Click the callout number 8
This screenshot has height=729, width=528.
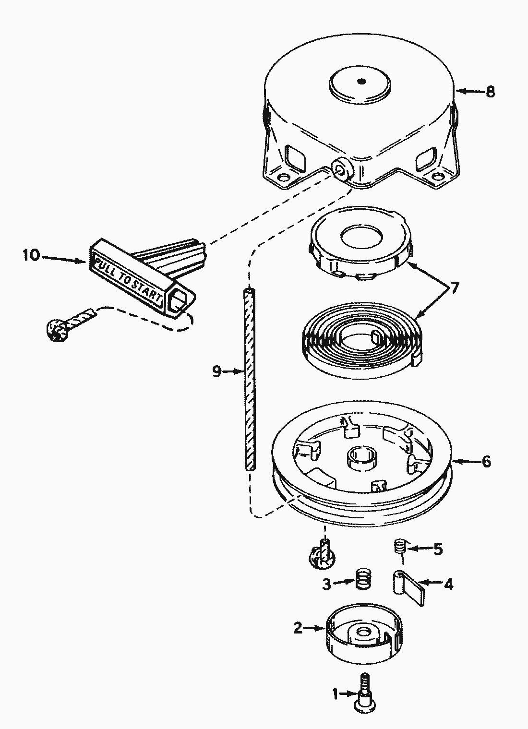490,92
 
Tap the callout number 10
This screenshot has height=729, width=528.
31,255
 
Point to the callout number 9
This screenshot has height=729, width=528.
217,371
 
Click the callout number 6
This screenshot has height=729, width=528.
486,462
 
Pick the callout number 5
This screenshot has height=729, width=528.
438,549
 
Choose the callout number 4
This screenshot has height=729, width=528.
448,584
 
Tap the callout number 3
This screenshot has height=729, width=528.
326,584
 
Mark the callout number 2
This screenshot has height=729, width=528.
298,628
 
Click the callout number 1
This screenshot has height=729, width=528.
336,693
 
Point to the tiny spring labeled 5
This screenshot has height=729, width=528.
400,547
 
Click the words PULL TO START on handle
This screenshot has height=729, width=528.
129,279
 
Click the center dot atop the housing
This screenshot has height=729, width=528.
362,81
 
